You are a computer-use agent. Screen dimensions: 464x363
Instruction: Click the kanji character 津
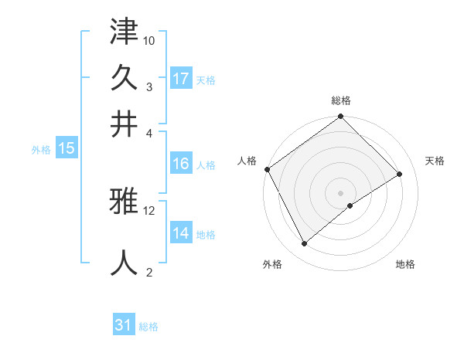point(124,33)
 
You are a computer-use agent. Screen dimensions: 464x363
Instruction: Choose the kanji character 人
point(124,261)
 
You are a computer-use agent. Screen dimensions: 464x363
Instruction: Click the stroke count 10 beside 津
point(149,40)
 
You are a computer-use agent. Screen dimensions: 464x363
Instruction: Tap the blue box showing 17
point(181,79)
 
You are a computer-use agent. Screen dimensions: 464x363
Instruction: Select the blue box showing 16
point(181,164)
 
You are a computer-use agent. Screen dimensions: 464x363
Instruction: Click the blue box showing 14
point(181,234)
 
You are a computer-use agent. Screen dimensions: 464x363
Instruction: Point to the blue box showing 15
point(67,149)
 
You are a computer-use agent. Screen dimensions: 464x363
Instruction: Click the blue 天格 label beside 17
point(206,80)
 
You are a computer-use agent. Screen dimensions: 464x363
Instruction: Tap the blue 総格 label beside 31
point(148,326)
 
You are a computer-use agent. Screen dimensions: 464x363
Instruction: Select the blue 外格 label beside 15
point(41,150)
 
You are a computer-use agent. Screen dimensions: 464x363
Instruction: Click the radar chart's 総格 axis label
point(340,100)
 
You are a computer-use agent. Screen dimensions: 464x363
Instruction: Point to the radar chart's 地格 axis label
point(405,265)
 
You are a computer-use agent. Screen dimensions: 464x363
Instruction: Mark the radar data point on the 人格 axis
point(267,169)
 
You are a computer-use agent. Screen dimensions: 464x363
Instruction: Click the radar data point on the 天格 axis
point(400,175)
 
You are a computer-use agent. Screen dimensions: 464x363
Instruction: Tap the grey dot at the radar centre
point(340,192)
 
